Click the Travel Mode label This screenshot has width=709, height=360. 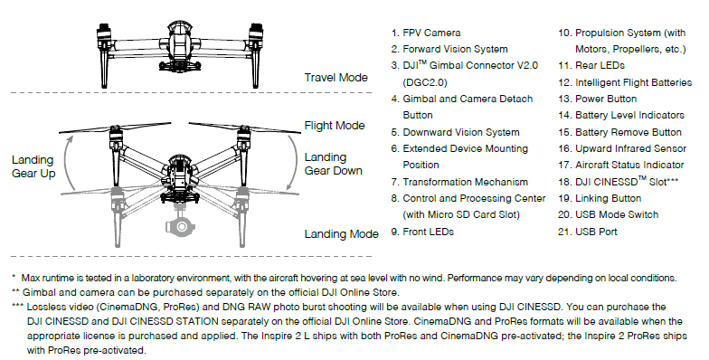pos(336,78)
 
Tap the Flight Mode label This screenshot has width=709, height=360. pos(335,125)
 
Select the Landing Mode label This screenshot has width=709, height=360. pos(341,233)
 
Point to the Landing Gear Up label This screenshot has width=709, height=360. pos(33,166)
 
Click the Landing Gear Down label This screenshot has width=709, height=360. pos(333,164)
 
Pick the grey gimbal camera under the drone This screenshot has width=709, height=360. pos(181,224)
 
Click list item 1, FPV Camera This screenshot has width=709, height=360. pos(426,33)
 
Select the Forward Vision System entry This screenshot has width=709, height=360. pos(449,49)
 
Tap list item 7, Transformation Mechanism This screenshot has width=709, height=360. pos(459,182)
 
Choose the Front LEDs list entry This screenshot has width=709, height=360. pos(422,232)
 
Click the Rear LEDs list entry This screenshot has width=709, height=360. pos(591,65)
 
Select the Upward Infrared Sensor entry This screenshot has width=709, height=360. pos(622,148)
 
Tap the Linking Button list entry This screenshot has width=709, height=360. pos(600,198)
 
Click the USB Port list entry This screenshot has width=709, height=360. pos(588,232)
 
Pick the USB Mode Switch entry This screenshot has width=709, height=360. pos(608,214)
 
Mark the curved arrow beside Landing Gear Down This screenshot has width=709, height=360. pos(295,161)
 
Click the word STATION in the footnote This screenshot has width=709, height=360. pos(197,322)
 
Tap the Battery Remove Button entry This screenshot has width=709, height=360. pos(620,132)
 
